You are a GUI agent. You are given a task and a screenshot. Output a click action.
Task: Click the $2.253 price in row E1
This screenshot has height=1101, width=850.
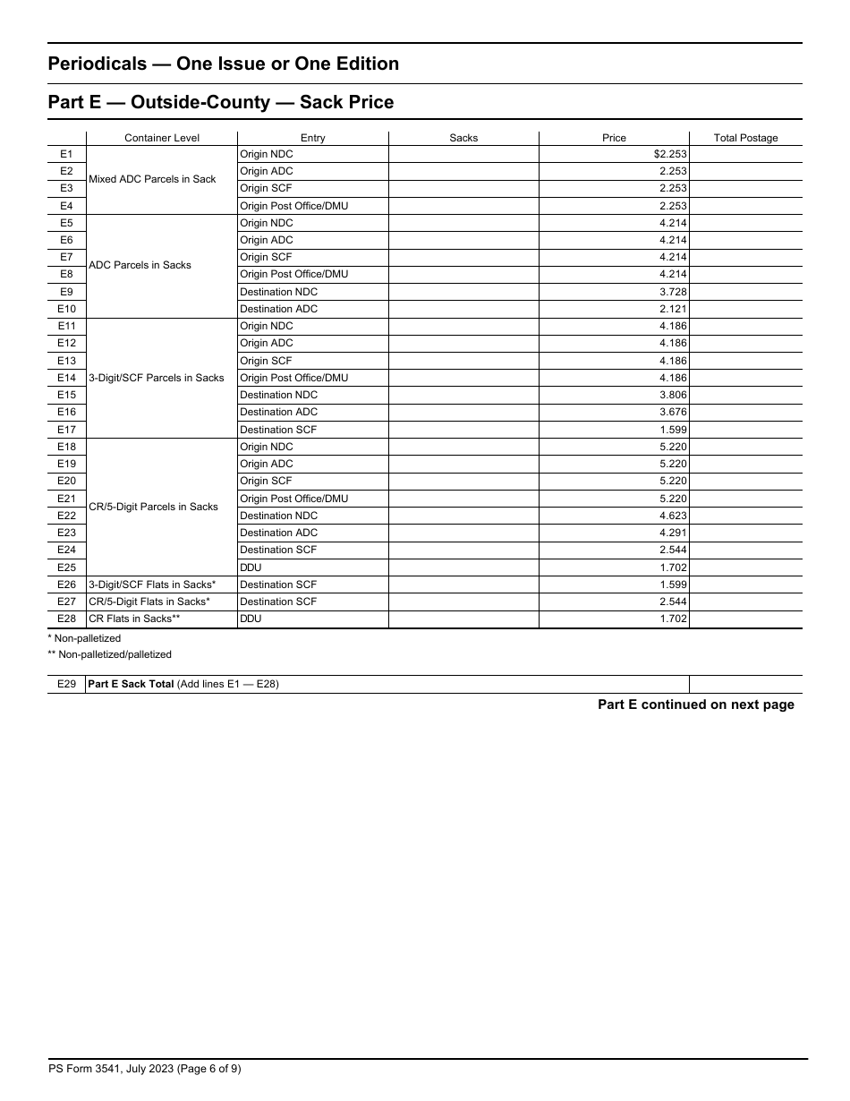[670, 154]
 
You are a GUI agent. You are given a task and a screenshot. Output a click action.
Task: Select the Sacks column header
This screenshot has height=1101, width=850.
[463, 138]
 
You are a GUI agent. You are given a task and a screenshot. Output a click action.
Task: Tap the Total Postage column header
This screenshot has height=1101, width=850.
[745, 138]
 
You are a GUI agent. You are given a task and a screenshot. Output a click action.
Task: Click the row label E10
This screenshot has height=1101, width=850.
[66, 309]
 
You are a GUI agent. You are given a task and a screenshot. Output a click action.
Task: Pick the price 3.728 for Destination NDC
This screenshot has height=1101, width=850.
[673, 292]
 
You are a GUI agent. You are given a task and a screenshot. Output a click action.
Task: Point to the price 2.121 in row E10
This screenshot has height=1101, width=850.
[673, 309]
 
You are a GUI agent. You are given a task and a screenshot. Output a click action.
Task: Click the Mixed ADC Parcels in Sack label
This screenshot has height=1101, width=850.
[152, 179]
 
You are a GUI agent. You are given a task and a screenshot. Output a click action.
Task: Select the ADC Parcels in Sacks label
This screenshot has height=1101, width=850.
[140, 265]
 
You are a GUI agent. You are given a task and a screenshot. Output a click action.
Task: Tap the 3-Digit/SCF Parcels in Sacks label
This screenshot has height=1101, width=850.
[157, 378]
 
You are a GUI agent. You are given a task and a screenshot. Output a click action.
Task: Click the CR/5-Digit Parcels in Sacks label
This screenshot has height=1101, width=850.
[153, 507]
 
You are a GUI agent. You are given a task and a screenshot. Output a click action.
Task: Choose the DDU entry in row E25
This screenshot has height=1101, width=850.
[251, 568]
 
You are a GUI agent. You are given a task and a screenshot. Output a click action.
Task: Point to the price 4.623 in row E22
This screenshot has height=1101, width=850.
[673, 516]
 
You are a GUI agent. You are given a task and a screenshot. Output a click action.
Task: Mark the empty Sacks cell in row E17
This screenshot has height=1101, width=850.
[463, 430]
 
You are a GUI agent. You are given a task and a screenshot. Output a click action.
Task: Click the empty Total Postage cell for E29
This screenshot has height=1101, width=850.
[745, 685]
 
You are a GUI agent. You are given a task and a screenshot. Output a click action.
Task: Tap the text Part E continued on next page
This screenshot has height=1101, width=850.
[695, 704]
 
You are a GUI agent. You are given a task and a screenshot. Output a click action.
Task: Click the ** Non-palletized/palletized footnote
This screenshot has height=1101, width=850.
[109, 654]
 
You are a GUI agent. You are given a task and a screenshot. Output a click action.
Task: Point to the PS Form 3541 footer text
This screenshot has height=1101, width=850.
[144, 1068]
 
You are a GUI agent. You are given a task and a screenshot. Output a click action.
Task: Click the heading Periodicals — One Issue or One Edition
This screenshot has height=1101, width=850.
[223, 64]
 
